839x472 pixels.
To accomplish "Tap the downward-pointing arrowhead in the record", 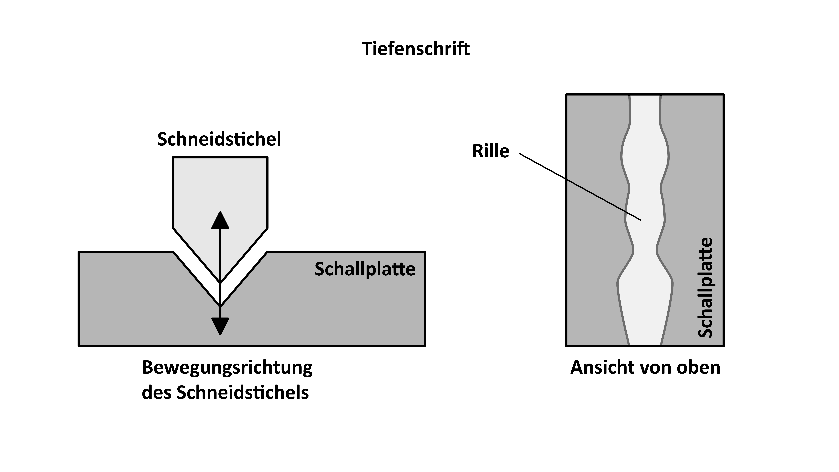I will pos(220,326).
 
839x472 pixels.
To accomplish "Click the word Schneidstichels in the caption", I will pos(243,392).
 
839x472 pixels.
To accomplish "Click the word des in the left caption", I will pos(155,392).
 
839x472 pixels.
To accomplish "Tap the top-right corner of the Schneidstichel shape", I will pos(267,158).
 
